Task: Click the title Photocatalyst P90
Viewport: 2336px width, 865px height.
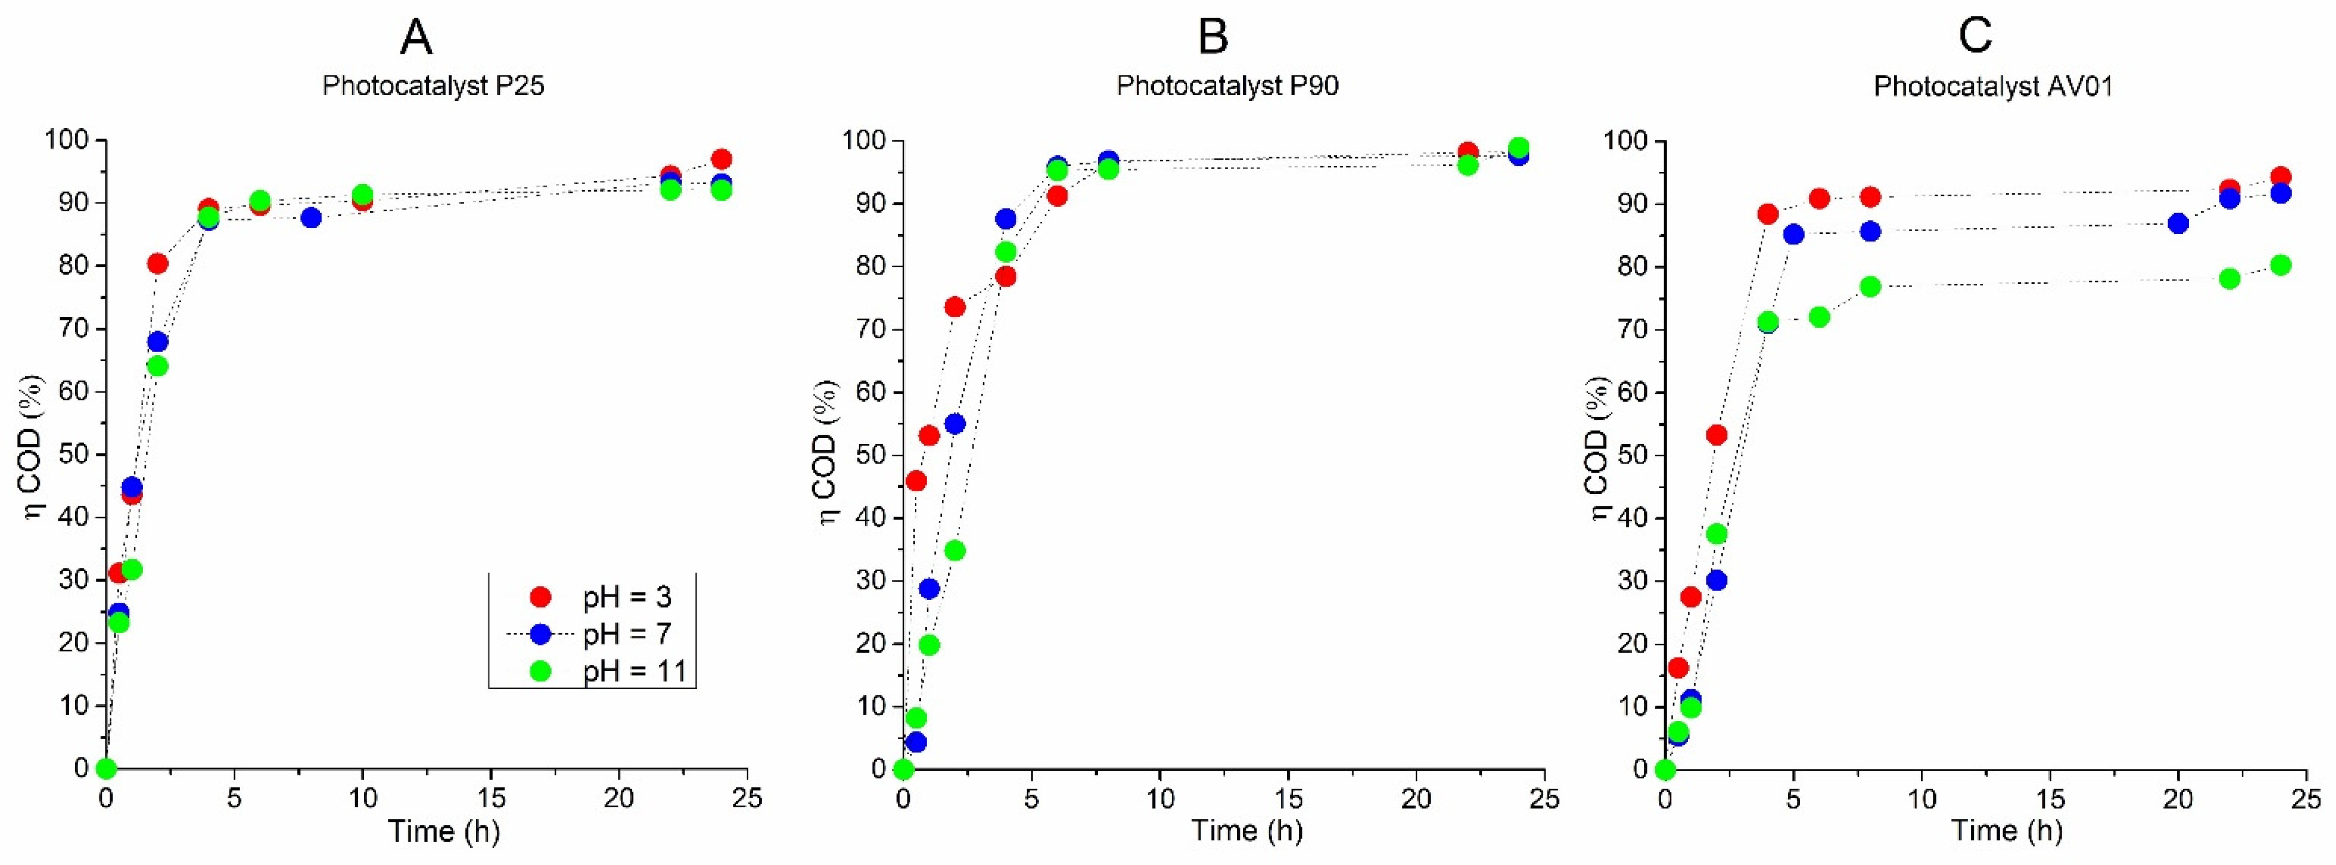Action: (1227, 85)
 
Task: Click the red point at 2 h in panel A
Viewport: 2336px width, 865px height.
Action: (158, 264)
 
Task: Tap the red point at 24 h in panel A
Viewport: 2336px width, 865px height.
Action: (722, 160)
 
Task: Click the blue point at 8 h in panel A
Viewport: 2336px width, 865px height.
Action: (311, 217)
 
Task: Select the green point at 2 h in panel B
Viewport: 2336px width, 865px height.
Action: (955, 551)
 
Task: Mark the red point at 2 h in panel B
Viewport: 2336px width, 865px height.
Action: (955, 307)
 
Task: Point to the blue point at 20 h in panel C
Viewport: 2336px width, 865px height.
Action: (2178, 224)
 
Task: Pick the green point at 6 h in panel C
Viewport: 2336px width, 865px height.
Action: (1819, 317)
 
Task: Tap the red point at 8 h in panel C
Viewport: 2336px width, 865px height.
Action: (1870, 197)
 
